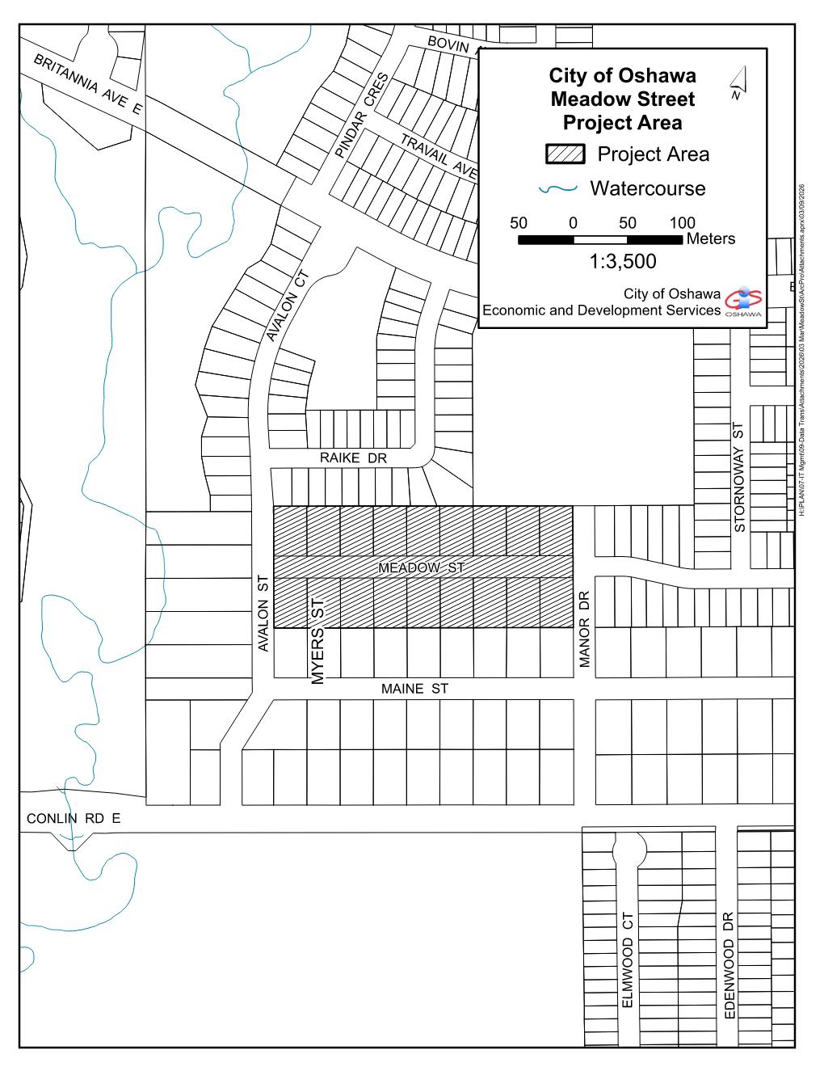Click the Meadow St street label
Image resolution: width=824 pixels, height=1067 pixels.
click(x=421, y=567)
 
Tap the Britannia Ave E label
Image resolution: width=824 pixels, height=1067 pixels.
click(x=87, y=84)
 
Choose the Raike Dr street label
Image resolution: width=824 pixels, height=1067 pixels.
click(x=353, y=458)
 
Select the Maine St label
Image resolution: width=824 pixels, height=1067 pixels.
click(x=414, y=689)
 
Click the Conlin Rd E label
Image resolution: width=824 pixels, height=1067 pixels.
click(x=74, y=818)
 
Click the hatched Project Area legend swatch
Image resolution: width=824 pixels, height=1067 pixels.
click(x=565, y=154)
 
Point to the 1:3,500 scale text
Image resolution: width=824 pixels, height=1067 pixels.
click(x=622, y=261)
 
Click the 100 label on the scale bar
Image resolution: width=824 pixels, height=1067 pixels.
click(x=683, y=223)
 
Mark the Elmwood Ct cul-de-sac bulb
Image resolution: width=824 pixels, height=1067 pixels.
click(x=629, y=850)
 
